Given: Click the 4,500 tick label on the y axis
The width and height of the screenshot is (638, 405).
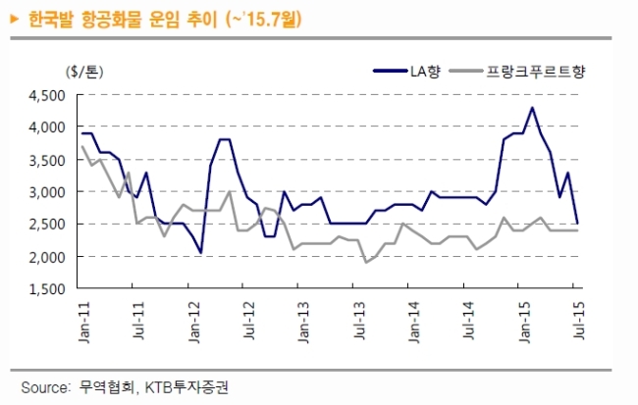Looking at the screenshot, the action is coord(47,95).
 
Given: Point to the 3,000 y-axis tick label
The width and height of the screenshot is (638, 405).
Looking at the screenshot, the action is coord(47,192).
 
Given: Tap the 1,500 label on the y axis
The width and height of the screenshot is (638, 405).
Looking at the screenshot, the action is coord(47,288).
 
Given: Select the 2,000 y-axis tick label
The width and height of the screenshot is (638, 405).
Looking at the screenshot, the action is coord(47,257).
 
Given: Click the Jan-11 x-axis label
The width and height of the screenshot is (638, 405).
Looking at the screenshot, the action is coord(84,322).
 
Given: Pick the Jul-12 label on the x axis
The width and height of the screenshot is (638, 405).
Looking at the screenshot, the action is coord(249,321).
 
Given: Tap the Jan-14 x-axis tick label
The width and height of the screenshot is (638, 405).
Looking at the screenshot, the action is coord(414,322).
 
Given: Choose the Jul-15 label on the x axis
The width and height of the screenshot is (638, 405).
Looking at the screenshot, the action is coord(579,321).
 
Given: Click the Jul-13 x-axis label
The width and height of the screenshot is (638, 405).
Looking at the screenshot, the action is coord(359,321).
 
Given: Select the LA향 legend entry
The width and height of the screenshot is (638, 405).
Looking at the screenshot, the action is coord(407,72).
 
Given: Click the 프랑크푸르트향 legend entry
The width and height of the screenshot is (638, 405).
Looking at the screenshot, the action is coord(517,72).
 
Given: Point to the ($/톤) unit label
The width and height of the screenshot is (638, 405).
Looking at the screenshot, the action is coord(84,72).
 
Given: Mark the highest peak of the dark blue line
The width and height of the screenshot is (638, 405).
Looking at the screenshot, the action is coord(531,108).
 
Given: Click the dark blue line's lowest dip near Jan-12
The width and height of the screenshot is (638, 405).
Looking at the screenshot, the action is coord(200,253).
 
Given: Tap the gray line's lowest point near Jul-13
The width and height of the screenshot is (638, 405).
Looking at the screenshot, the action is coord(366,262).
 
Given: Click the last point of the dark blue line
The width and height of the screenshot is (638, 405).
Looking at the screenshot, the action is coord(577,224).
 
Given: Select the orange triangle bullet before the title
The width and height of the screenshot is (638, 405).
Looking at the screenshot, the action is coord(15,19).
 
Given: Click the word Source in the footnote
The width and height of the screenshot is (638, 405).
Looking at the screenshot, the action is coord(45,387).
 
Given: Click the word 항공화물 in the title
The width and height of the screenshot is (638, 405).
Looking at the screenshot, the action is coord(111,19).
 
